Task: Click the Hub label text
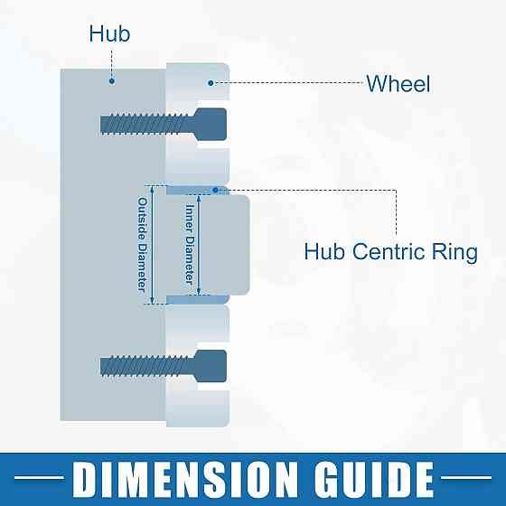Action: click(109, 33)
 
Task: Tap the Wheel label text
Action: click(398, 83)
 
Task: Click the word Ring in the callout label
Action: click(454, 253)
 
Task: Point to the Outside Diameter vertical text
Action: click(143, 245)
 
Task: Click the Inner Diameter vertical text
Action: click(190, 244)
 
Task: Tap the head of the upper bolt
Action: click(211, 125)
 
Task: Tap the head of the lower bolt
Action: click(211, 366)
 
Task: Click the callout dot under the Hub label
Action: click(112, 80)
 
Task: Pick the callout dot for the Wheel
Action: click(211, 83)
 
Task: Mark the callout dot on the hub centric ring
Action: click(216, 190)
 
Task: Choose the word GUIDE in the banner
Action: click(374, 479)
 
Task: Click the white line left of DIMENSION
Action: click(39, 477)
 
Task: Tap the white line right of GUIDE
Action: click(466, 477)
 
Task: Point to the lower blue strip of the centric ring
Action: click(198, 299)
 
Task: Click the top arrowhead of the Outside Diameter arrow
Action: click(153, 189)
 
